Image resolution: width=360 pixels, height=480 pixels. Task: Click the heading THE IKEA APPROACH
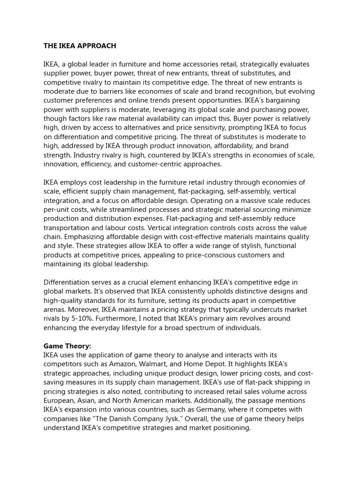click(80, 46)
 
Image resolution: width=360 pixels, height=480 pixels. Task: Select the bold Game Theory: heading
click(67, 346)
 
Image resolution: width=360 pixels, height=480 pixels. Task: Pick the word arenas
click(56, 310)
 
